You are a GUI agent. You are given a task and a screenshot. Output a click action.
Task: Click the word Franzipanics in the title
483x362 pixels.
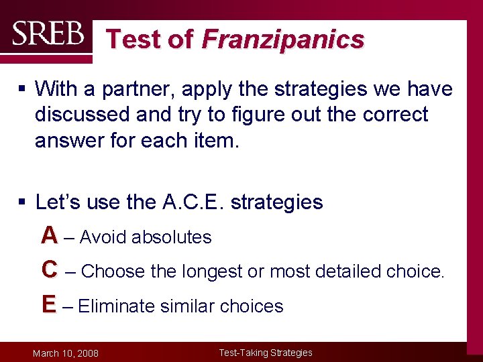(x=283, y=40)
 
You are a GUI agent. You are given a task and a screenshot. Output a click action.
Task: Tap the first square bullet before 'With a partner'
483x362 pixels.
(x=22, y=89)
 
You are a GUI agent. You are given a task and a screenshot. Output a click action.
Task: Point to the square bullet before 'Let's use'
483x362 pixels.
(x=22, y=202)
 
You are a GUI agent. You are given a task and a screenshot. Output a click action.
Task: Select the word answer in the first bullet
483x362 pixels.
(x=68, y=140)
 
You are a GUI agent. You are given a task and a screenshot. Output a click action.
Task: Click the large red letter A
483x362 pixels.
(x=49, y=235)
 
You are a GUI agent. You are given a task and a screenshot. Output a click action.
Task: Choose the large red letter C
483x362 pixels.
(x=49, y=269)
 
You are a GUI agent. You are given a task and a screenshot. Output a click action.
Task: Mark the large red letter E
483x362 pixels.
(x=48, y=304)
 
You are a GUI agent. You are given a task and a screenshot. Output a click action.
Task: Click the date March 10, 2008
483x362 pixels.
(x=66, y=353)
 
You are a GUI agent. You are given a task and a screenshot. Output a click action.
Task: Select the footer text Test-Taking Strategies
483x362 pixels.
(x=266, y=353)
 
